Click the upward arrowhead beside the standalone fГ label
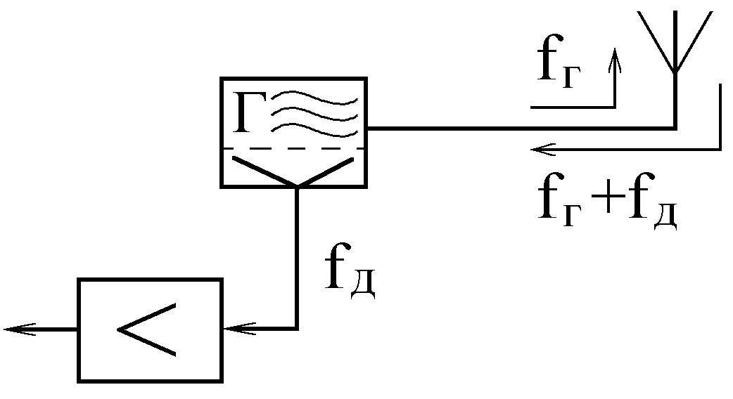click(x=616, y=58)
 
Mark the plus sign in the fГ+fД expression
click(x=603, y=204)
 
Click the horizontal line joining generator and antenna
click(x=521, y=129)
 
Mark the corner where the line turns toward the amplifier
click(x=297, y=328)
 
